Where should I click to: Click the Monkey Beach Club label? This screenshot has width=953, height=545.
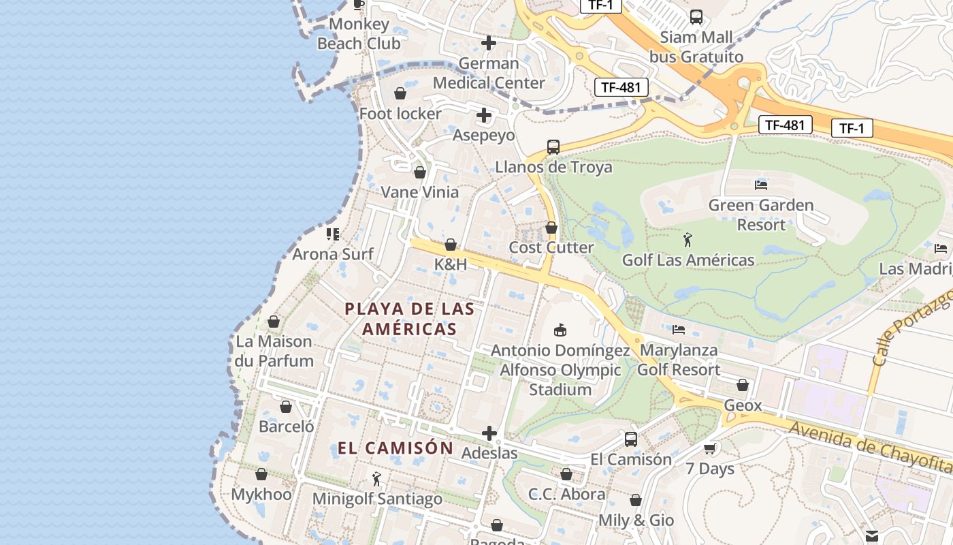tap(359, 34)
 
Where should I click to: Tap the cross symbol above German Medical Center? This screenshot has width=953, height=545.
tap(488, 43)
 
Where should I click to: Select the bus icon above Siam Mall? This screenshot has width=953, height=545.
tap(696, 17)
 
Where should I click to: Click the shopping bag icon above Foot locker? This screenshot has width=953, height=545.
tap(400, 93)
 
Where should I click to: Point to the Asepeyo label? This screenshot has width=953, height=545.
tap(483, 135)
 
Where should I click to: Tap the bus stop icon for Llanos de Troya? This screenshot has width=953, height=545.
tap(553, 146)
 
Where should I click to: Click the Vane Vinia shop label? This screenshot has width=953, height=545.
tap(419, 192)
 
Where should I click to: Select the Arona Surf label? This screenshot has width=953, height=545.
tap(333, 254)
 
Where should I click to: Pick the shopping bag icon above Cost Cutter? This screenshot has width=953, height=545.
tap(551, 228)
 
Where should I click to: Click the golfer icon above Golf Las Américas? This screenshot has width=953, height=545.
tap(688, 240)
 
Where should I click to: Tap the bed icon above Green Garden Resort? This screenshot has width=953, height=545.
tap(761, 185)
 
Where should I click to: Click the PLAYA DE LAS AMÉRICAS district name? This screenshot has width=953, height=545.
tap(409, 319)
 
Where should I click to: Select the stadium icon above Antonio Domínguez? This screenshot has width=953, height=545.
tap(560, 330)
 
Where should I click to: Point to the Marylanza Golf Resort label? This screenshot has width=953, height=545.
tap(678, 360)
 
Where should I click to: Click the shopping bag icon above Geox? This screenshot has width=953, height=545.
tap(743, 386)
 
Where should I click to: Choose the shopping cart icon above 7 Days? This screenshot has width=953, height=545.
tap(710, 448)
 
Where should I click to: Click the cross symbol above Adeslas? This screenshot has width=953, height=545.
tap(489, 433)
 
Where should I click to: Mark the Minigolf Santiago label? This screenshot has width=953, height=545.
tap(377, 499)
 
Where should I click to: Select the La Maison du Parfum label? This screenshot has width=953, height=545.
tap(274, 351)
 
